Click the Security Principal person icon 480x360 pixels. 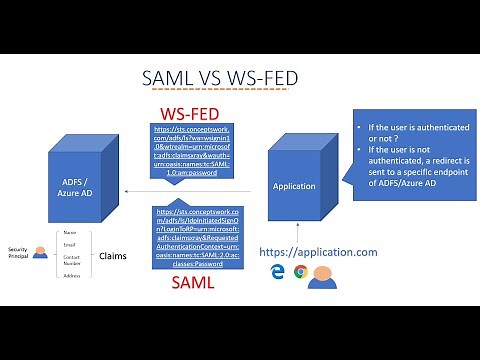39,254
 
